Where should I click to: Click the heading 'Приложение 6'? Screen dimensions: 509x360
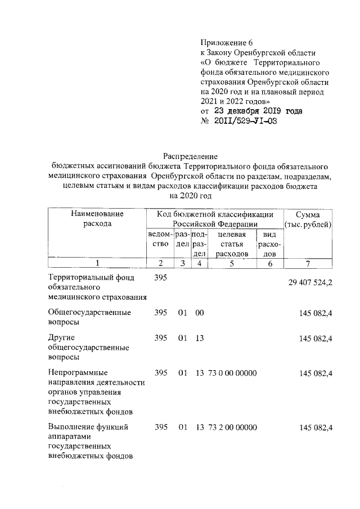[228, 43]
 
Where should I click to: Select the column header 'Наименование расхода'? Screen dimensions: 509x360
[97, 219]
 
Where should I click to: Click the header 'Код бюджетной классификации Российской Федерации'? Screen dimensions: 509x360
[215, 219]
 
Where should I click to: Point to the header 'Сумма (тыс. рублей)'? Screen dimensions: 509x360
[308, 219]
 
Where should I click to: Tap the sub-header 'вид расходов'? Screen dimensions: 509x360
[270, 245]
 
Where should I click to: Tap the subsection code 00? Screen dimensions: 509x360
[199, 312]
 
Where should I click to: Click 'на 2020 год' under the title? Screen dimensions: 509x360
[190, 196]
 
